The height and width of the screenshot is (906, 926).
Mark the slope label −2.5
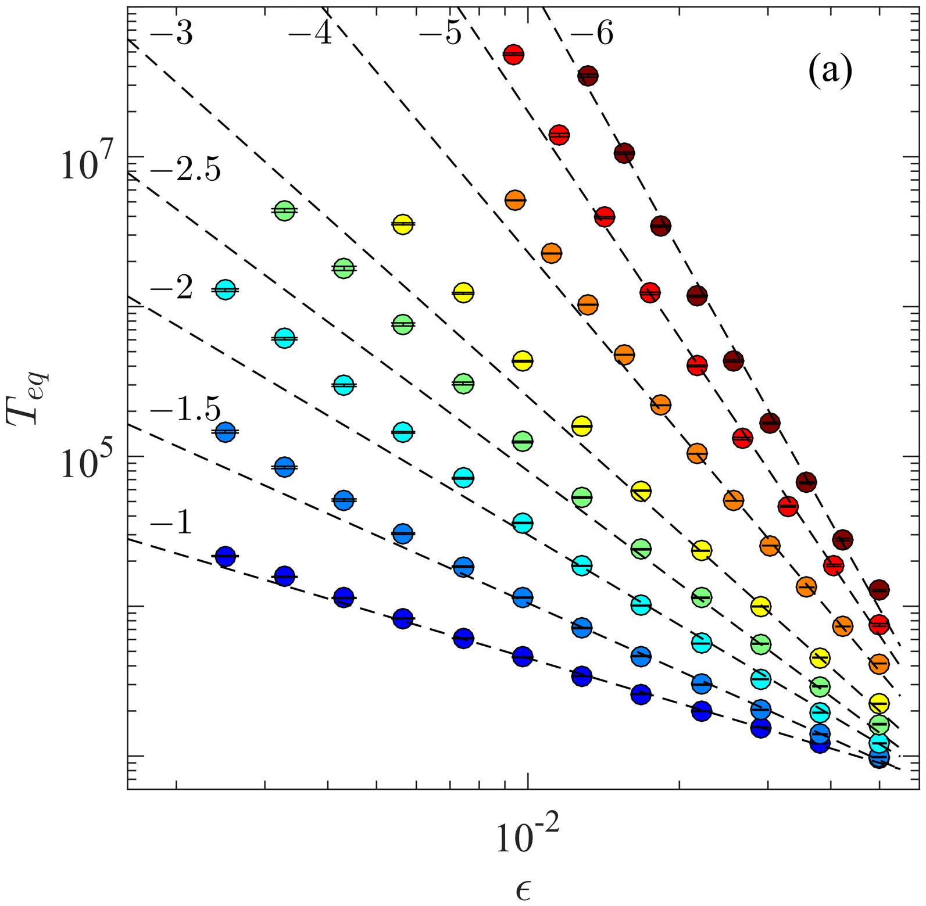point(185,172)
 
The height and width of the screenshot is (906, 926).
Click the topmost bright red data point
point(513,54)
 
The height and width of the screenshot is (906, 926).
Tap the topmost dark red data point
point(588,75)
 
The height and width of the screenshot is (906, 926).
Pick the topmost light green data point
point(284,211)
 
